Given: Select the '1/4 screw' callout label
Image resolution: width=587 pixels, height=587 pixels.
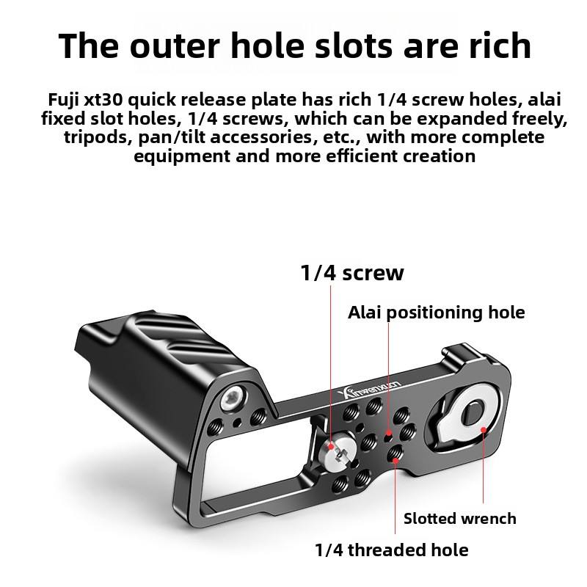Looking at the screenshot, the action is [352, 274].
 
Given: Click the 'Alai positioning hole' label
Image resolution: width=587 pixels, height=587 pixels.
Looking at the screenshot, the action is [437, 313].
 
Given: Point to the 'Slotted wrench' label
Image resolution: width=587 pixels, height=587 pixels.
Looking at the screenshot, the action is [460, 519].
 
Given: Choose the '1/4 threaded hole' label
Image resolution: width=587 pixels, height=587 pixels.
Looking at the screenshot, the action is [391, 550].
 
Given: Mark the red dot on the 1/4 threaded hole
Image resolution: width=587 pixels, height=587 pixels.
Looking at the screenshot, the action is [396, 460].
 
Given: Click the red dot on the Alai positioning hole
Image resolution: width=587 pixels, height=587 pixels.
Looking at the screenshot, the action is [389, 434].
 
